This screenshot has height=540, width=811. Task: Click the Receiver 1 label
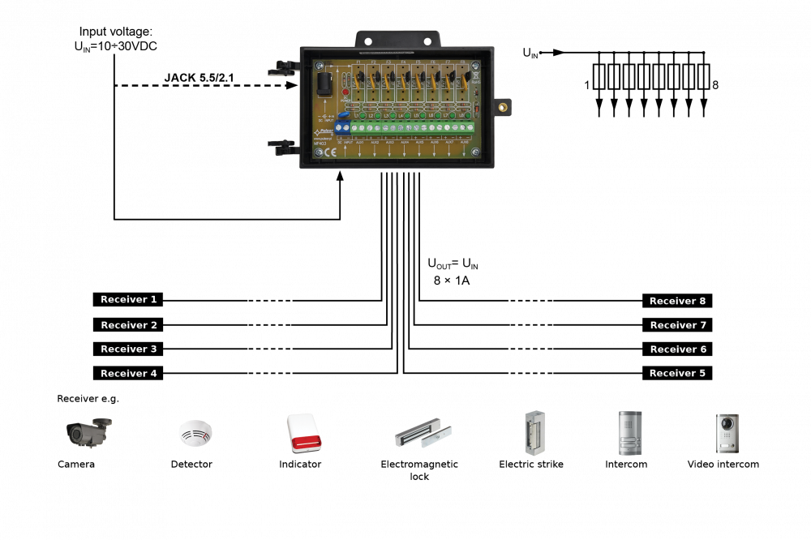128,300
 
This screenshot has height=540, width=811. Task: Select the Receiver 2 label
129,325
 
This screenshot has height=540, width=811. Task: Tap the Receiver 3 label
128,349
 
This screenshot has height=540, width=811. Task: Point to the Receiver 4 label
128,374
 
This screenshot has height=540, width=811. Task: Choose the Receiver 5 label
677,374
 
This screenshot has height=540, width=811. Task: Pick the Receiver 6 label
678,349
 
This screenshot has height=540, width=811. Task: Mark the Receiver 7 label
678,325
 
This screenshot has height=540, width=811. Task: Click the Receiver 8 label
677,302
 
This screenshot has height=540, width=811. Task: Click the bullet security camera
88,432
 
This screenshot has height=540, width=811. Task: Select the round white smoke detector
195,433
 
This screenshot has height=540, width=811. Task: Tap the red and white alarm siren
303,433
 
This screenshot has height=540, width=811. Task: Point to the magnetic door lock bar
423,433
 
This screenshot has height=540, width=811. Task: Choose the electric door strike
534,433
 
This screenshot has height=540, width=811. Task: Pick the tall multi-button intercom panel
629,433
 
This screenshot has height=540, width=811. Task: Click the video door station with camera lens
727,433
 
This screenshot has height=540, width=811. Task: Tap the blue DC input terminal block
341,126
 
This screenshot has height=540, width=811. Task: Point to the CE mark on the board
330,152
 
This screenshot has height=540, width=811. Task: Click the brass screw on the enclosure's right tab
504,107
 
